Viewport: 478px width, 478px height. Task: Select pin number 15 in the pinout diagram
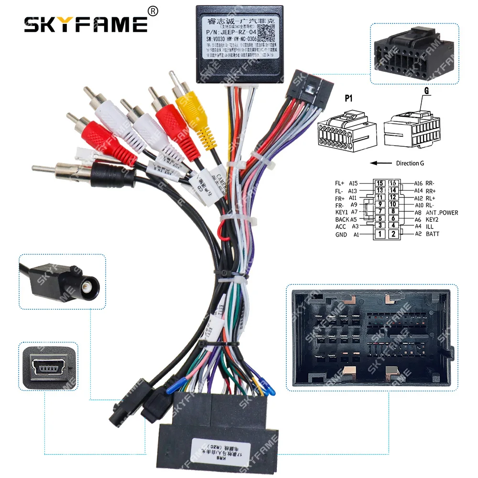point(380,183)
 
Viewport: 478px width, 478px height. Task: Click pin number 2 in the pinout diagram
point(393,234)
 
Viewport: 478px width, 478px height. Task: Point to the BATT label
point(433,234)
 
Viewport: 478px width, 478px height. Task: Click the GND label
point(341,235)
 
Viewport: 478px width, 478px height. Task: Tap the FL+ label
point(340,183)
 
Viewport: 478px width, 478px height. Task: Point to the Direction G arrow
point(381,163)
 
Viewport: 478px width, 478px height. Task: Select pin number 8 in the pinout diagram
point(393,211)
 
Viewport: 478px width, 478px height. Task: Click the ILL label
point(429,227)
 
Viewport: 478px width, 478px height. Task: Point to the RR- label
point(430,183)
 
